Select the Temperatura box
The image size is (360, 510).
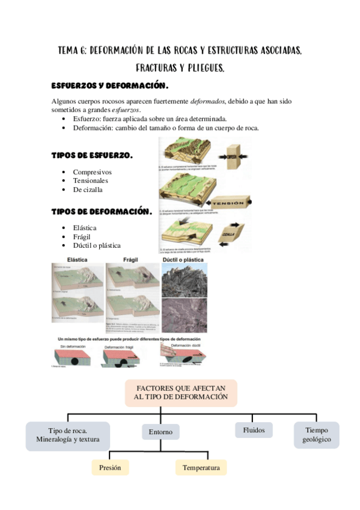(201, 467)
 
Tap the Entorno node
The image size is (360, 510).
(160, 432)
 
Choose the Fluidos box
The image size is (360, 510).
(254, 430)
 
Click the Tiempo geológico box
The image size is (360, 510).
(317, 435)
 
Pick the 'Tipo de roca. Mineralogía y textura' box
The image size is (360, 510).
(68, 435)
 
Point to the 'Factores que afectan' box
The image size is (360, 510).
(181, 393)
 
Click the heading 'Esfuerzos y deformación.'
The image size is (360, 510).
(109, 85)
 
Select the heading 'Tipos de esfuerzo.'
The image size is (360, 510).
(92, 156)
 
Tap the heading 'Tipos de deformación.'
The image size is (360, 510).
(100, 212)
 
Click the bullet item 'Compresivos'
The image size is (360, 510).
(92, 172)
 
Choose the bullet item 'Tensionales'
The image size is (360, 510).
(91, 180)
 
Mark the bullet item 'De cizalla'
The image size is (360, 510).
(88, 189)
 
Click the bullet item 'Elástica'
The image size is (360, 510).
(85, 228)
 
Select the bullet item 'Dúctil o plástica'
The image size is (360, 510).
(97, 245)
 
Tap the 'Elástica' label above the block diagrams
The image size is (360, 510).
(78, 259)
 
